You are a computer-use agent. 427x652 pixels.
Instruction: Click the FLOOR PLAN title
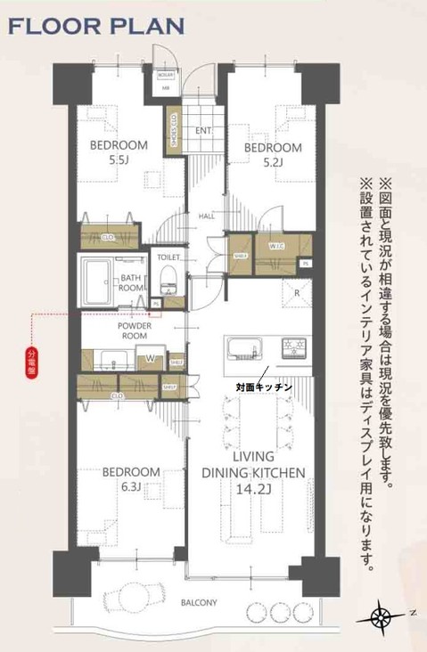pos(96,25)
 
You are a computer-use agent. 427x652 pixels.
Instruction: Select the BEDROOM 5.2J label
pos(273,154)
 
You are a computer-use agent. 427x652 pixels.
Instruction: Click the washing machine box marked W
pos(150,358)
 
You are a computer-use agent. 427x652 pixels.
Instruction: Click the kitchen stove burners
pos(293,346)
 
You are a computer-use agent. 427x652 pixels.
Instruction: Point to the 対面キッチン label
pos(264,387)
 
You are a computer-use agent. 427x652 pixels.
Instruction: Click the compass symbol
pos(382,615)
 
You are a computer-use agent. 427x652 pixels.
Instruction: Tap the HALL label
pos(206,216)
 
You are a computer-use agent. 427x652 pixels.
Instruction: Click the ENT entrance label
pos(203,131)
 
